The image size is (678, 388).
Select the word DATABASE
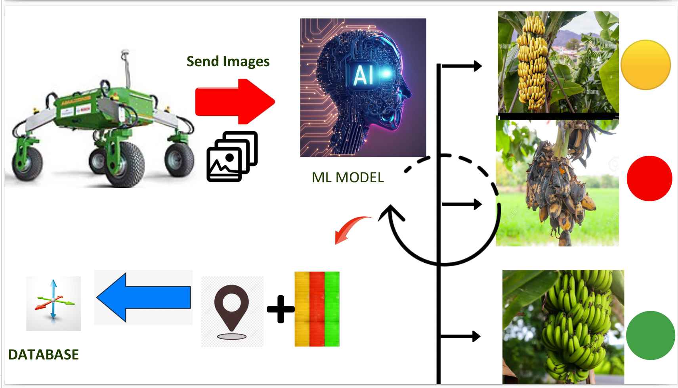coord(44,354)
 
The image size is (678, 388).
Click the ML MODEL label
coord(348,178)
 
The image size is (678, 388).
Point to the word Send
coord(202,61)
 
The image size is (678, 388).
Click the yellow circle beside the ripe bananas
coord(646,65)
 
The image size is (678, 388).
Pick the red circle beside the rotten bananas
coord(649,178)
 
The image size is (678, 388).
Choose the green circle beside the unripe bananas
coord(650,335)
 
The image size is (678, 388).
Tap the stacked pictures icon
coord(232,157)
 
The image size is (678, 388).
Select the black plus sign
coord(281,309)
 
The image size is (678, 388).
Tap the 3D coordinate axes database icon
coord(53,304)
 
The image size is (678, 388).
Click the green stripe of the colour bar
coord(332,309)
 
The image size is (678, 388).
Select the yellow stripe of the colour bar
coord(302,309)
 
